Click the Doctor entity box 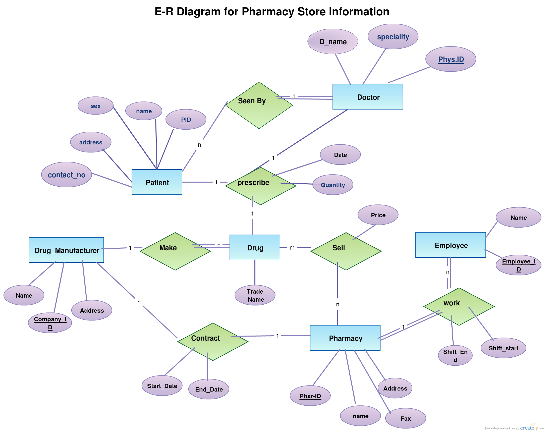coord(367,96)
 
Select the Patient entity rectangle coord(157,182)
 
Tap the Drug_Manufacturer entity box coord(66,250)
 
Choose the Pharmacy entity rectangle coord(345,338)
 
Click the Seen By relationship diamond coord(259,105)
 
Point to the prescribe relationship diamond coord(260,186)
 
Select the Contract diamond coord(213,342)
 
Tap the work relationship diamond coord(459,306)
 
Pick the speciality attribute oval coord(393,36)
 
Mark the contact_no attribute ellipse coord(67,174)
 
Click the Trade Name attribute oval coord(255,295)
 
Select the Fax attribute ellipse coord(405,418)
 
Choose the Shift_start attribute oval coord(503,348)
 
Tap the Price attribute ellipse coord(378,215)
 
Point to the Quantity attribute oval coord(333,185)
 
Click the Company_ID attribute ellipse coord(50,323)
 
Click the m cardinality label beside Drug coord(292,248)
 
